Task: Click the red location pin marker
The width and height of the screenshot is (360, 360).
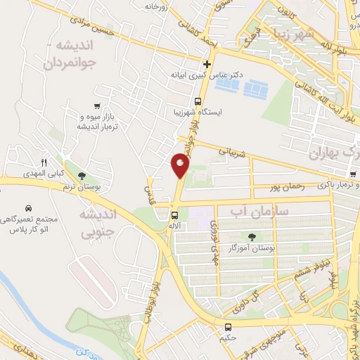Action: coord(180,166)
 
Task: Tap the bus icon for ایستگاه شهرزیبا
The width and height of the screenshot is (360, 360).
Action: coord(198,101)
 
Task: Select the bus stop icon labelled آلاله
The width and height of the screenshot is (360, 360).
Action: coord(174,215)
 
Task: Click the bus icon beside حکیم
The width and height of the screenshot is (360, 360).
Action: coord(228,327)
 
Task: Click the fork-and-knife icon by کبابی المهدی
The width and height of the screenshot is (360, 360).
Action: coord(43,162)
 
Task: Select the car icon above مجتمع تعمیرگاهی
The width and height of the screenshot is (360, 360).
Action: coord(28,209)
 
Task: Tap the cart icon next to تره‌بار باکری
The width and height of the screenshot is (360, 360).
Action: coord(352,174)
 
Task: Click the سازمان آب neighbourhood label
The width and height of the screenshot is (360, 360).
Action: coord(249,210)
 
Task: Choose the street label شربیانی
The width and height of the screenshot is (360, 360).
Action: coord(235,150)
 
